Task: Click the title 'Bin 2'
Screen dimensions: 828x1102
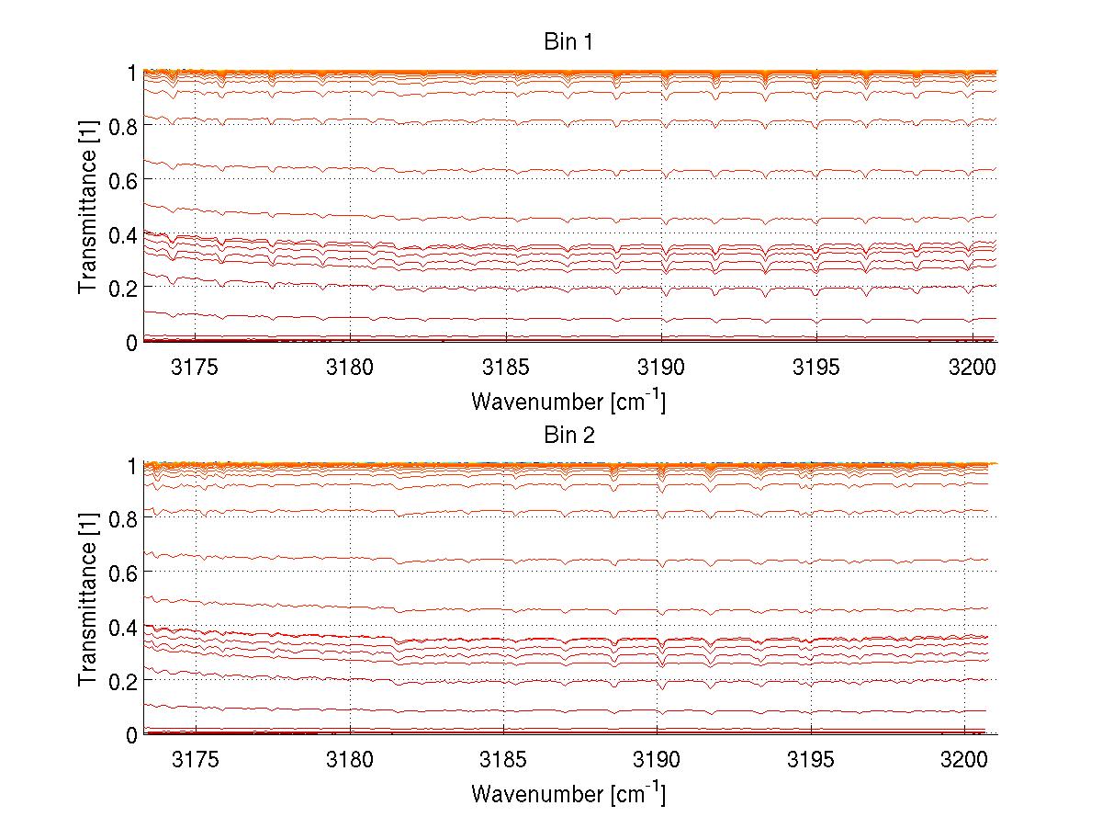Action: [x=569, y=436]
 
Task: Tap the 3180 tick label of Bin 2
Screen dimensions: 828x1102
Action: [x=350, y=760]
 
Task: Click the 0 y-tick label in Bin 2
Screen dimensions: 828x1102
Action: [x=132, y=734]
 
